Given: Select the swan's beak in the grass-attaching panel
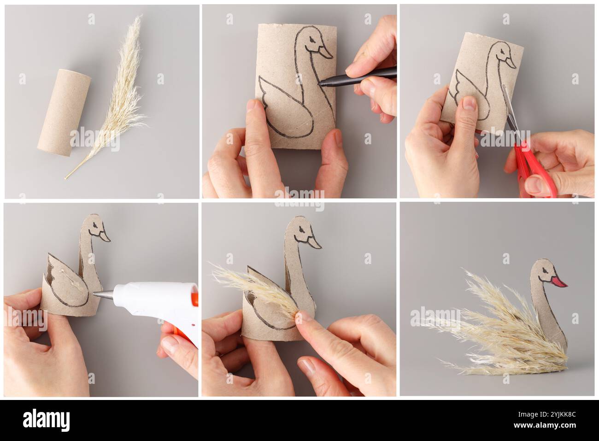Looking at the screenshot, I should coord(314,242).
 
